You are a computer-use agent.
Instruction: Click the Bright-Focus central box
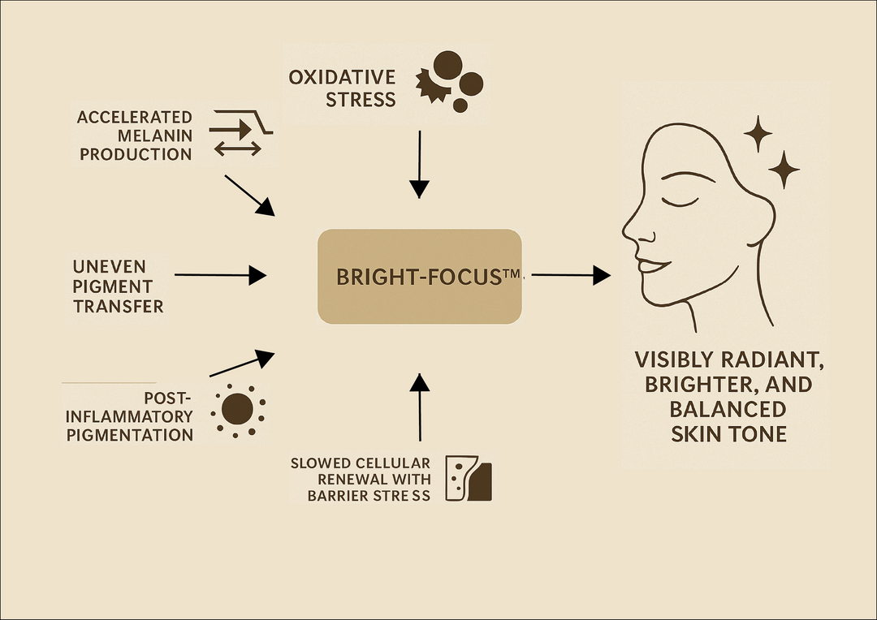click(x=419, y=276)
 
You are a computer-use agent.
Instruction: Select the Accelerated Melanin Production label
click(x=135, y=136)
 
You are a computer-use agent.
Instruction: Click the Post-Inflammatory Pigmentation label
click(x=130, y=416)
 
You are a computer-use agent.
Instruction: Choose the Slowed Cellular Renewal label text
click(x=361, y=479)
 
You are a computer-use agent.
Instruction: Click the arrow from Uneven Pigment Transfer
click(x=219, y=276)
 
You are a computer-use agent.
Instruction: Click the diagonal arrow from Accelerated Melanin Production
click(x=249, y=195)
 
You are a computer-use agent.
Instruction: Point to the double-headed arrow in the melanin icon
click(x=237, y=148)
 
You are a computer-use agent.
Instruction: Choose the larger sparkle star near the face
click(x=784, y=169)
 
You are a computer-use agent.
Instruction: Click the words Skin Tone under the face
click(x=728, y=434)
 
